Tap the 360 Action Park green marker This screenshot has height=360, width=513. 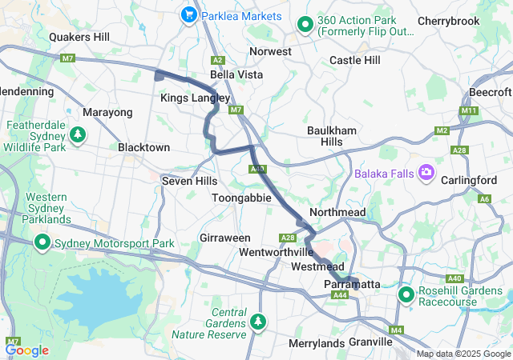pos(305,25)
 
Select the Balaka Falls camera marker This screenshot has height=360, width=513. pos(426,172)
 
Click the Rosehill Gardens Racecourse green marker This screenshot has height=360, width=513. pos(406,295)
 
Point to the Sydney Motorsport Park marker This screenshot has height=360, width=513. pos(41,242)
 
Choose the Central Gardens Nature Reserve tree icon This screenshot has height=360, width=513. pos(258,322)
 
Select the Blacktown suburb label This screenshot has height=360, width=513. pos(143,148)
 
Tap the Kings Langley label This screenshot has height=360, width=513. pos(195,98)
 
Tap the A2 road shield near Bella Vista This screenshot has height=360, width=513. pos(217,60)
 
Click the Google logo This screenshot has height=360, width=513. pos(27,350)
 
